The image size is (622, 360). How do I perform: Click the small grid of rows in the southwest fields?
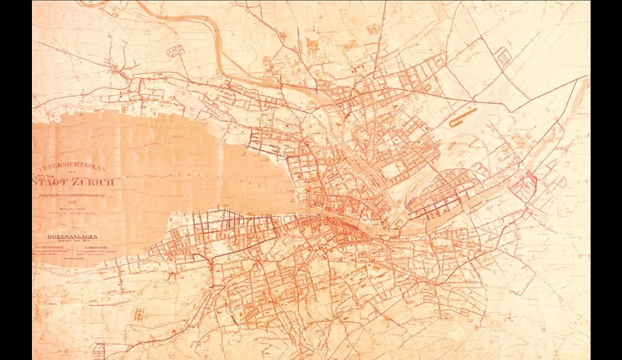pos(142,315)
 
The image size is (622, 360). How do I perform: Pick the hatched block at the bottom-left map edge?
pos(97,349)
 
